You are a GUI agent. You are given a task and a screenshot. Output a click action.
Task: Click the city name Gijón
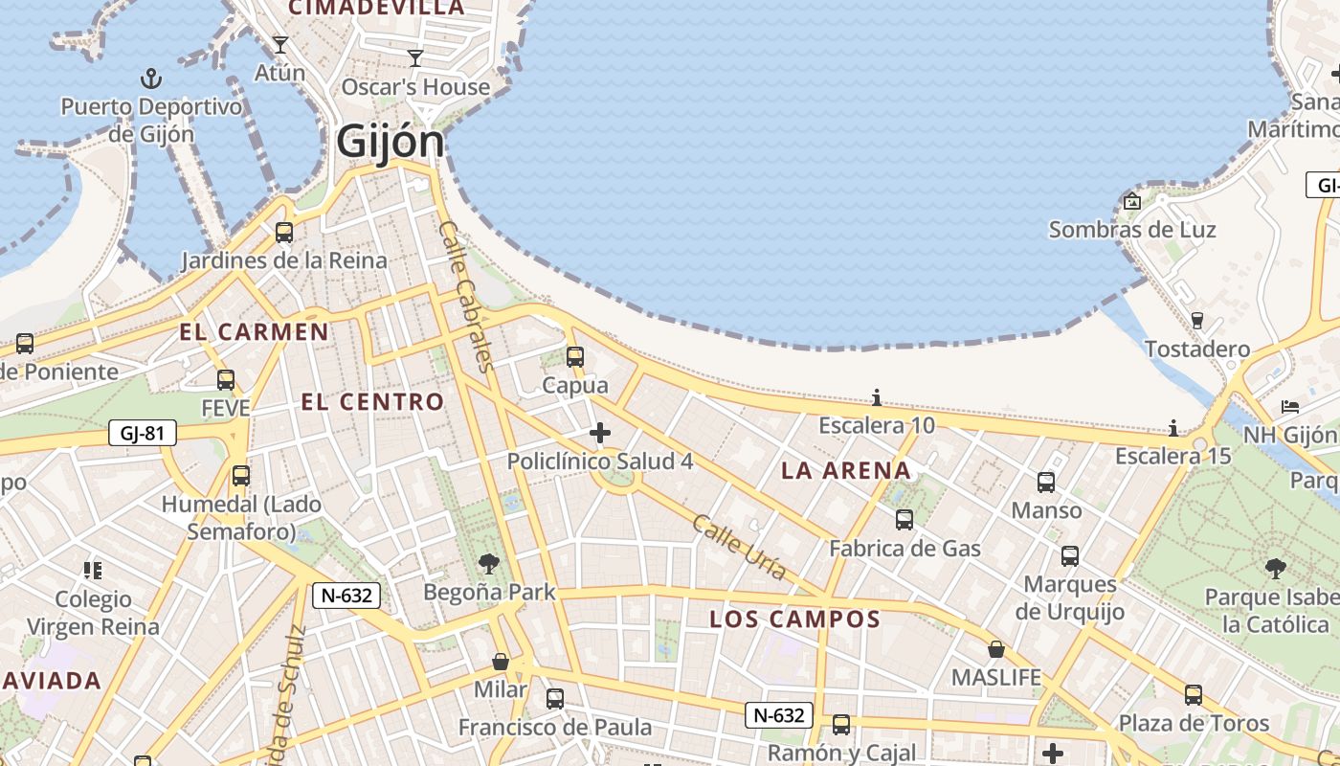391,143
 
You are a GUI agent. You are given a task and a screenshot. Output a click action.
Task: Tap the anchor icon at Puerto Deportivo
150,78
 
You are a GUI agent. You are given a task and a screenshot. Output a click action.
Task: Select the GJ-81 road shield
143,433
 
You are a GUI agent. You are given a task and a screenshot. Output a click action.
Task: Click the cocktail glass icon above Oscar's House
415,58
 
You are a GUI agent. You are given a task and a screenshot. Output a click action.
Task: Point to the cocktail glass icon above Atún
279,44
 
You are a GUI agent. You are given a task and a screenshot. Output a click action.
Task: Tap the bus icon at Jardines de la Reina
283,232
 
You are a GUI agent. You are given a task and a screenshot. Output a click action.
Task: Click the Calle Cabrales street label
466,296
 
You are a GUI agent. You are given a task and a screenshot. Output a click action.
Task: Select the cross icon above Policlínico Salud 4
600,434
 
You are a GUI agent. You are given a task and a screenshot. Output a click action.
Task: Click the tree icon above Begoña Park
489,563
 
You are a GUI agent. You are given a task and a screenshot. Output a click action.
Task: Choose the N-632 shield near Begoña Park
346,596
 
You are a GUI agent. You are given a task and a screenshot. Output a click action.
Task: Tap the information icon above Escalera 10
876,397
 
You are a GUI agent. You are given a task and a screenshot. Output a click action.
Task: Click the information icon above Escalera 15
1172,428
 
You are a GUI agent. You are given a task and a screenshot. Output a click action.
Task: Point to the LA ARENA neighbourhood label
846,470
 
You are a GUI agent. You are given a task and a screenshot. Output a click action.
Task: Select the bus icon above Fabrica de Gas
904,520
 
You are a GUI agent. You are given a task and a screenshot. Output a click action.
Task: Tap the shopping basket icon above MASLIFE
996,649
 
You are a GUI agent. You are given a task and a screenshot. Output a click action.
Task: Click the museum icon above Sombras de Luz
1132,201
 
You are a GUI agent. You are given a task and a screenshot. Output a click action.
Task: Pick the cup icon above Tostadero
1196,321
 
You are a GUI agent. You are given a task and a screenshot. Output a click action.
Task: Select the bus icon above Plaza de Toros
1194,695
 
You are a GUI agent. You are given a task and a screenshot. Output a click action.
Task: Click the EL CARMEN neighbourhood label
255,332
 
